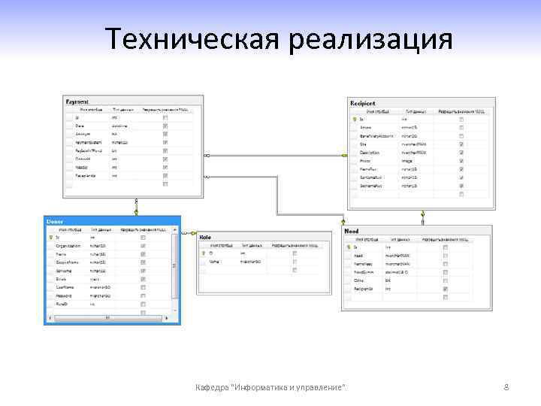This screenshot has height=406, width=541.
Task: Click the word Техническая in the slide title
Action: pos(191,39)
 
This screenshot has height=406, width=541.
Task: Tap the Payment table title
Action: pos(77,100)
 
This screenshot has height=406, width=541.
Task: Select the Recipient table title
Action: pos(363,102)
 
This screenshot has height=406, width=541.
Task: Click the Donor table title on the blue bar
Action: pos(56,221)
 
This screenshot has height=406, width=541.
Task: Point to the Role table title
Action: pos(206,237)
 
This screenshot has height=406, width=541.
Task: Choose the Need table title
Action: pos(352,231)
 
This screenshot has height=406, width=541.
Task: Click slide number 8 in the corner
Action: pos(506,387)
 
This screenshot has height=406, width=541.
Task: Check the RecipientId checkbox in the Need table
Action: pos(446,289)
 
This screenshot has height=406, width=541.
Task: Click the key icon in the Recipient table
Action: pos(355,119)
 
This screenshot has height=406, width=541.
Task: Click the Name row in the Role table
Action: pos(214,262)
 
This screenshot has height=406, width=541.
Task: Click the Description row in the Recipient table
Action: pos(370,152)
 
